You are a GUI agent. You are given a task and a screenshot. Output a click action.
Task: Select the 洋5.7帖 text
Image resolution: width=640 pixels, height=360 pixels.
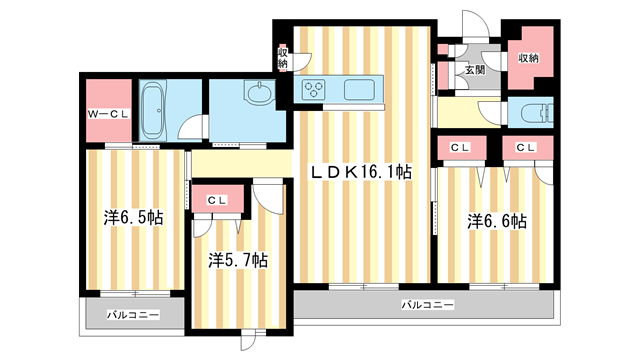pyautogui.click(x=237, y=260)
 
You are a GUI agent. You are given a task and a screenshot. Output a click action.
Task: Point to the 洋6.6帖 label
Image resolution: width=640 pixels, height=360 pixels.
pyautogui.click(x=497, y=221)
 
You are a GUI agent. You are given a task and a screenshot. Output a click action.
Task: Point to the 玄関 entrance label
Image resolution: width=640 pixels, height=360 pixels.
pyautogui.click(x=474, y=70)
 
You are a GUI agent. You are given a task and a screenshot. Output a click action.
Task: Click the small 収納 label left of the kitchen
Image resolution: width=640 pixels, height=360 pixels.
pyautogui.click(x=283, y=58)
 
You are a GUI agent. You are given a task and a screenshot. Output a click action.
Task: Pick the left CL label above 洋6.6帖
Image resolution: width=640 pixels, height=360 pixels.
pyautogui.click(x=459, y=148)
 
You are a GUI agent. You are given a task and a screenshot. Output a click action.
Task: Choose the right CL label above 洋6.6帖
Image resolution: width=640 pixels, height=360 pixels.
pyautogui.click(x=526, y=148)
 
